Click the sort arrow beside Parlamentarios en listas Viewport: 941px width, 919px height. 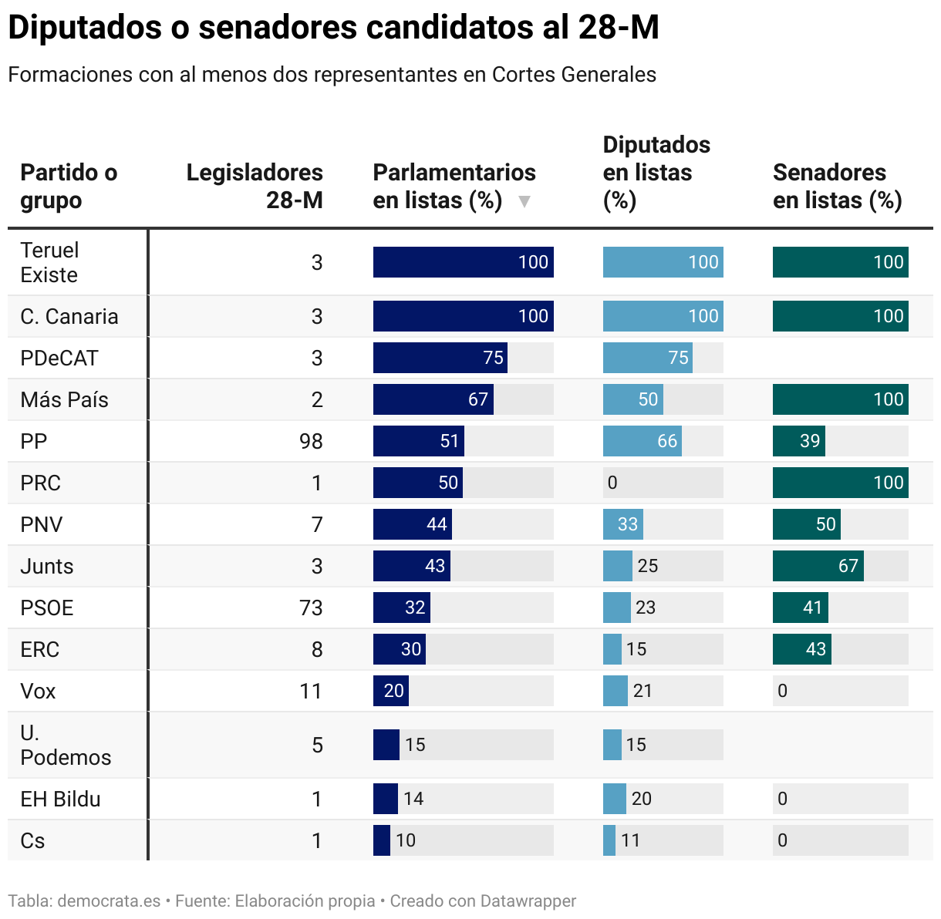tap(524, 201)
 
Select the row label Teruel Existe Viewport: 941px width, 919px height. tap(49, 262)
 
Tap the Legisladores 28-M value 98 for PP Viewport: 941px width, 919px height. tap(311, 441)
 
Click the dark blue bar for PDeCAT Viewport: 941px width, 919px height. tap(440, 358)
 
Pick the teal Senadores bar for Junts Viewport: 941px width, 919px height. tap(818, 566)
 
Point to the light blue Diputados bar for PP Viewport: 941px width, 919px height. tap(642, 441)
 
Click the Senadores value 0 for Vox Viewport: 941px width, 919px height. tap(782, 691)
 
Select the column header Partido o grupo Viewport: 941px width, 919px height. tap(69, 186)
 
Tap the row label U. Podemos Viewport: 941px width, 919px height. tap(66, 745)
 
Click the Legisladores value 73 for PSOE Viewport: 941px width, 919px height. tap(311, 608)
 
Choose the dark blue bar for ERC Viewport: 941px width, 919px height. tap(399, 649)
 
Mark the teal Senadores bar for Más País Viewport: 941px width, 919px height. tap(840, 399)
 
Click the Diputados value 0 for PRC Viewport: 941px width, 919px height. tap(612, 483)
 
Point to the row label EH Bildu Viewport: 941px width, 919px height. tap(60, 799)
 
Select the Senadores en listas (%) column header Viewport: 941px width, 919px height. tap(837, 186)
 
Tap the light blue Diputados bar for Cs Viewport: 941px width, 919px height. tap(609, 840)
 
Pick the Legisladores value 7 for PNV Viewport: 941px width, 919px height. tap(316, 524)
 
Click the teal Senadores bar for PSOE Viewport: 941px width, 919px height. tap(800, 608)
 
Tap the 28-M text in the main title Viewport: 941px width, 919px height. tap(619, 28)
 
